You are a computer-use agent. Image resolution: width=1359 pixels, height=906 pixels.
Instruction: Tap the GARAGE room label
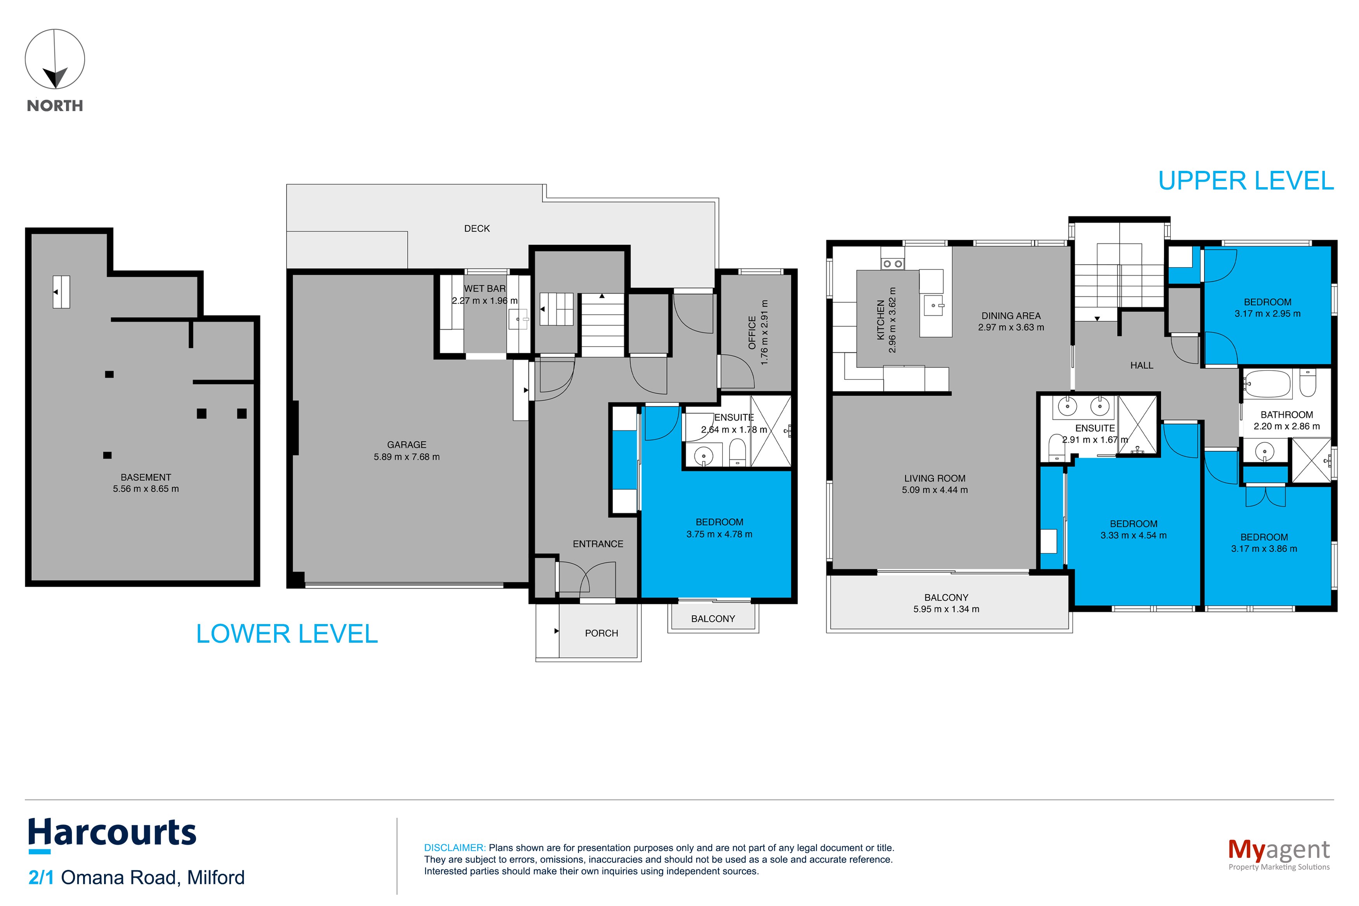click(x=407, y=444)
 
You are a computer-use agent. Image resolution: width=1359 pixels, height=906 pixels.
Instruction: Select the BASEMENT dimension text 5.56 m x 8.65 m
click(x=146, y=489)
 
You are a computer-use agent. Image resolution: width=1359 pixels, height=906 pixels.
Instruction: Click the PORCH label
click(x=601, y=633)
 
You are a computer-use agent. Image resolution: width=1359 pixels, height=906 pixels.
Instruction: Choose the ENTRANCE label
click(x=598, y=544)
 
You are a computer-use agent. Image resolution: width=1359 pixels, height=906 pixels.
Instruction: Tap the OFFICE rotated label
click(x=752, y=332)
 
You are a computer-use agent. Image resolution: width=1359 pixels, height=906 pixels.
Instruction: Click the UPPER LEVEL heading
click(x=1246, y=181)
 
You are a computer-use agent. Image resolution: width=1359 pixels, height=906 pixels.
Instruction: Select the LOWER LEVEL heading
click(x=287, y=634)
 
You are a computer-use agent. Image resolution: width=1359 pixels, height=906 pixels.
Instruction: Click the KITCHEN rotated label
click(x=881, y=320)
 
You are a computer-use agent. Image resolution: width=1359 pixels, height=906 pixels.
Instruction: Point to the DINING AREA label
click(x=1011, y=316)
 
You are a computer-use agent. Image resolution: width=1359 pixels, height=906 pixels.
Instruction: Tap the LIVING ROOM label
click(x=935, y=478)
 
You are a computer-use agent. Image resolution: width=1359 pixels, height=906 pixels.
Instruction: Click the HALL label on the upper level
click(x=1141, y=365)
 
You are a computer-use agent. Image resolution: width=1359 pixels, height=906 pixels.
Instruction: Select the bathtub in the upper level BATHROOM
click(x=1267, y=384)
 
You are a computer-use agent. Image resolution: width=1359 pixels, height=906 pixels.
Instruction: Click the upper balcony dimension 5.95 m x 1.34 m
click(x=946, y=609)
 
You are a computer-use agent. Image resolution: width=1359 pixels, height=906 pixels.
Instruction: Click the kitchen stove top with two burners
click(x=892, y=263)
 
